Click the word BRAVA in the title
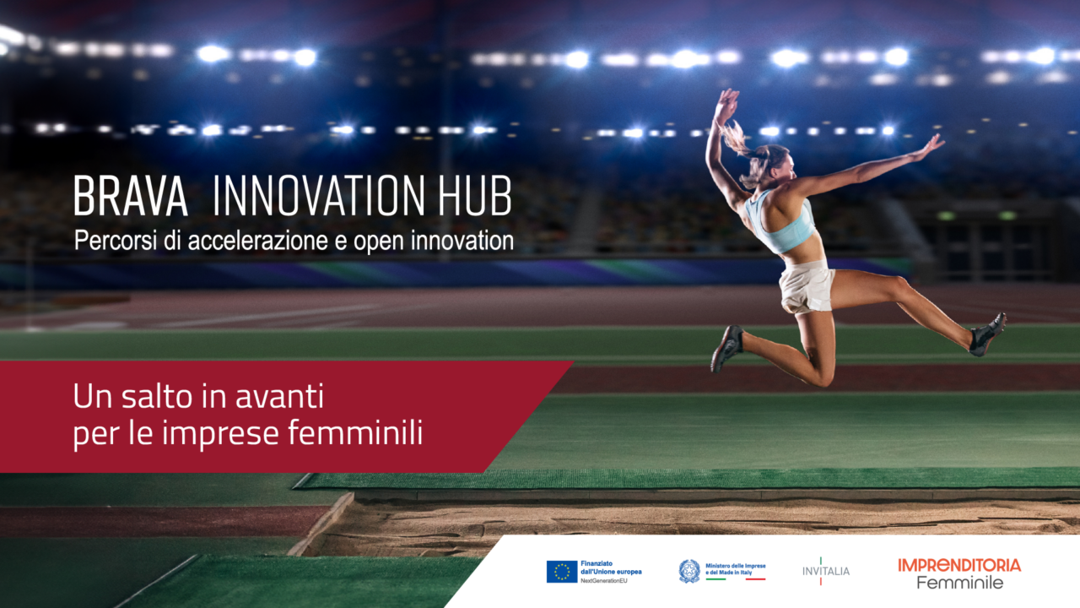(x=130, y=197)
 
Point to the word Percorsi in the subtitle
(x=110, y=241)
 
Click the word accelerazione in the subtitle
(x=254, y=242)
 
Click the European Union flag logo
(x=562, y=572)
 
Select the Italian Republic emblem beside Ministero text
(x=689, y=572)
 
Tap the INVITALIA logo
(x=826, y=571)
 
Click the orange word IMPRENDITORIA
(x=959, y=564)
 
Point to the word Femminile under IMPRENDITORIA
(x=959, y=583)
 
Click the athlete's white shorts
(x=806, y=285)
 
